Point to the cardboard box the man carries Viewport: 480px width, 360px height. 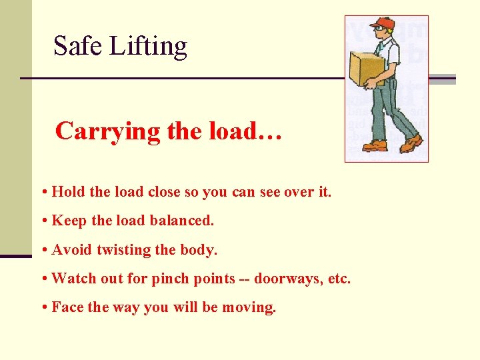click(x=367, y=69)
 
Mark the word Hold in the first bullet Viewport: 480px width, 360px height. click(x=68, y=192)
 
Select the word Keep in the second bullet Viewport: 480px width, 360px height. click(x=68, y=220)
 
